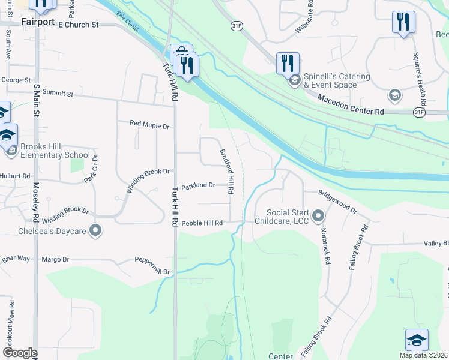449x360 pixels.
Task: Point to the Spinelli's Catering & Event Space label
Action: (x=330, y=80)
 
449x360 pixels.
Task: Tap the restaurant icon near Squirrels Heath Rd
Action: (x=403, y=23)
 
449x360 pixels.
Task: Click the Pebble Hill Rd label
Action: (x=202, y=223)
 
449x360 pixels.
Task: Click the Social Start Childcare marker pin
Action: (x=318, y=215)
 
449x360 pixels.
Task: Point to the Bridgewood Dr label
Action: (x=337, y=203)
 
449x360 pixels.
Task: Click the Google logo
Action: (x=20, y=353)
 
